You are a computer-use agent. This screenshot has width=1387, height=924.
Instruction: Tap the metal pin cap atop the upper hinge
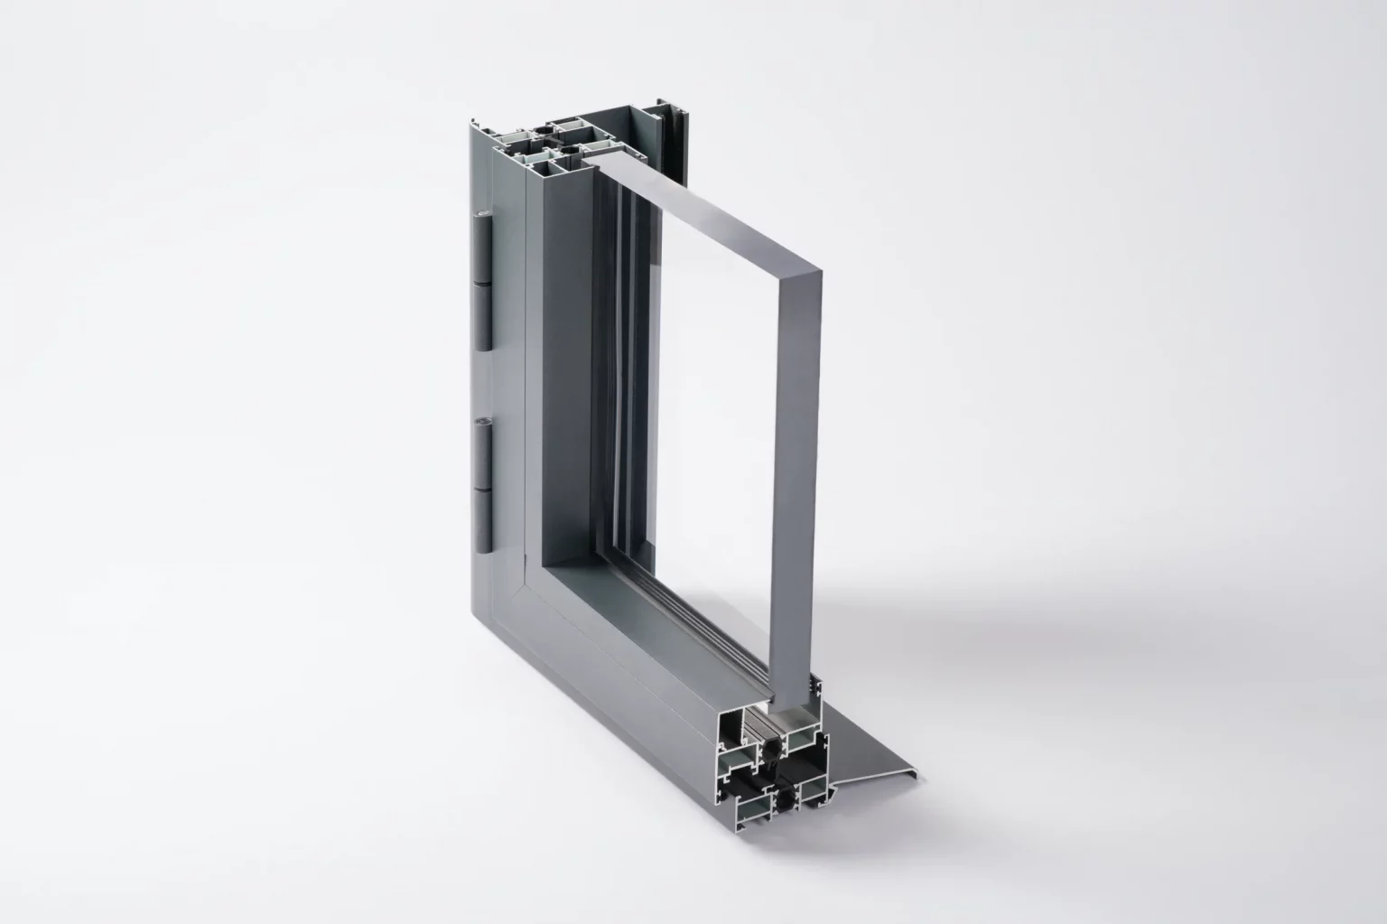(479, 215)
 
